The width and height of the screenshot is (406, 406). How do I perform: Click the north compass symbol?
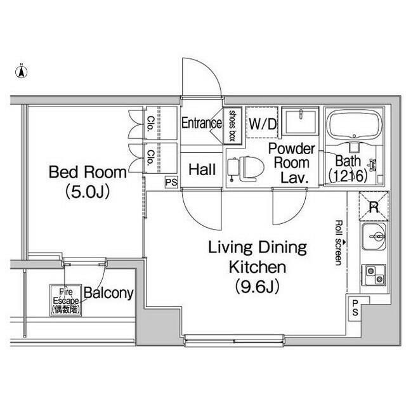(x=22, y=71)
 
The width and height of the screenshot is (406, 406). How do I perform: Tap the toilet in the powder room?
(x=246, y=169)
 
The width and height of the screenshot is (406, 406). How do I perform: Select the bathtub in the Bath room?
(x=355, y=124)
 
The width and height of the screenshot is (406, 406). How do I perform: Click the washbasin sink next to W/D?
(x=300, y=121)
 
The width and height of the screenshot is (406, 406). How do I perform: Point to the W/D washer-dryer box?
(x=262, y=122)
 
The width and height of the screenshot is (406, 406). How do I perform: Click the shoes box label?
(x=232, y=126)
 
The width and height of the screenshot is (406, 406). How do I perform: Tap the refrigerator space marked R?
(x=374, y=206)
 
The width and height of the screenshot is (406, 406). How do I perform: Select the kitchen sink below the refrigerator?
(x=374, y=237)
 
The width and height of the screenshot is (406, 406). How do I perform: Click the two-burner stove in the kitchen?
(x=374, y=275)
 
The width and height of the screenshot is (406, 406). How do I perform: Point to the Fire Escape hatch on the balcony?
(x=66, y=300)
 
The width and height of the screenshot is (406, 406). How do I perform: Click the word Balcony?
(x=108, y=293)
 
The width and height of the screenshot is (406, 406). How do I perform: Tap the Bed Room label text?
(x=88, y=172)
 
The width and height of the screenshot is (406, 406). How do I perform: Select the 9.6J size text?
(x=258, y=287)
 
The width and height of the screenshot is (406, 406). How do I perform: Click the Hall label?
(x=202, y=169)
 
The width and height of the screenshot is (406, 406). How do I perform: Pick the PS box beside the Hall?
(x=171, y=182)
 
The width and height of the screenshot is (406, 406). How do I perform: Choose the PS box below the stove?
(x=355, y=308)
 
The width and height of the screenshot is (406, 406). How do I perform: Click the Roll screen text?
(x=339, y=242)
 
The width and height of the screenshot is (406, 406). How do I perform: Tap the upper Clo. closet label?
(x=150, y=124)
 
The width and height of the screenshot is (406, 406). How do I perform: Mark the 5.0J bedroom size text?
(x=88, y=192)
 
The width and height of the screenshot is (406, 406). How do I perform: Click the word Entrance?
(x=202, y=122)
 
